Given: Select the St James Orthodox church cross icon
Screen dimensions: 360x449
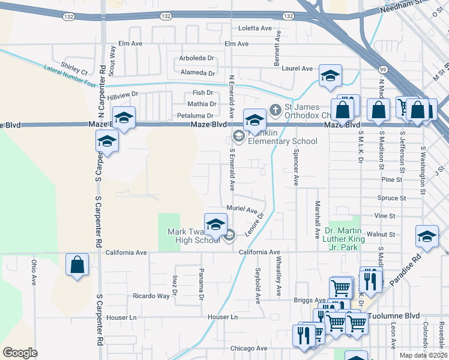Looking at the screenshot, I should pos(276,109).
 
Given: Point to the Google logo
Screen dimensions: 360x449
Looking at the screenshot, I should pos(20,352).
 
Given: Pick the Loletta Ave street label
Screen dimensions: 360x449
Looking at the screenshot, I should pos(255,28).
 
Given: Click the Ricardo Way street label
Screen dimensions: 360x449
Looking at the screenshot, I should pos(151,296).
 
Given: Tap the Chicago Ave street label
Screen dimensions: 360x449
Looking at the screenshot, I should pos(243,348).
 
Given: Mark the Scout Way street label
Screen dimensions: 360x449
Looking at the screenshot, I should pos(112,59).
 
